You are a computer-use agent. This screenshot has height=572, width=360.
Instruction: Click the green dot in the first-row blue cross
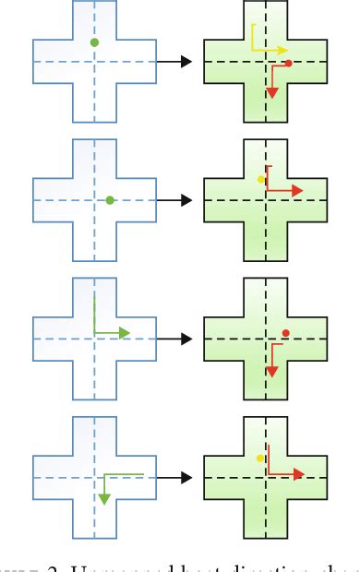(x=94, y=42)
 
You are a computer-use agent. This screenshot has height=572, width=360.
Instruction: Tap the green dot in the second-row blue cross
(x=110, y=199)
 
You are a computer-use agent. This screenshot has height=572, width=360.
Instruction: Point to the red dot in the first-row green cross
(x=289, y=64)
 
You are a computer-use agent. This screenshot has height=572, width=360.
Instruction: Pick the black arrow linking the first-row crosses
(x=174, y=61)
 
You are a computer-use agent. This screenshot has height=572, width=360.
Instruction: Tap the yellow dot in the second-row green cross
(x=260, y=180)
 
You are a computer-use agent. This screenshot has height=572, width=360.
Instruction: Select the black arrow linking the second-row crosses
(x=174, y=200)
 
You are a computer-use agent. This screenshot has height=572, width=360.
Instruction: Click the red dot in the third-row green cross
(x=286, y=333)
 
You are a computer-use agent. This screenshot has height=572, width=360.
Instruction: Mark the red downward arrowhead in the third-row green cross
(x=272, y=370)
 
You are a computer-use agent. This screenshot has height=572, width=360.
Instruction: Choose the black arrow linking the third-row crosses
(x=174, y=340)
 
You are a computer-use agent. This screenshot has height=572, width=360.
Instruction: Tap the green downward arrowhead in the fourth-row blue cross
(x=103, y=499)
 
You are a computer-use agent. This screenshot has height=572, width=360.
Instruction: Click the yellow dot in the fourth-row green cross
(x=260, y=458)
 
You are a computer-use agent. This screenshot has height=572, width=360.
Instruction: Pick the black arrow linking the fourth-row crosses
(x=174, y=478)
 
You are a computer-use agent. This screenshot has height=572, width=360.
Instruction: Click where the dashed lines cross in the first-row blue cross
(x=94, y=61)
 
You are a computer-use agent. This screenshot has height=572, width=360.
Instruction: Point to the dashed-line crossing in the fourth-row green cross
(x=266, y=478)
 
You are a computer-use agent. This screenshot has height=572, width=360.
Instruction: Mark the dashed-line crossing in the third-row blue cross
(x=94, y=340)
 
